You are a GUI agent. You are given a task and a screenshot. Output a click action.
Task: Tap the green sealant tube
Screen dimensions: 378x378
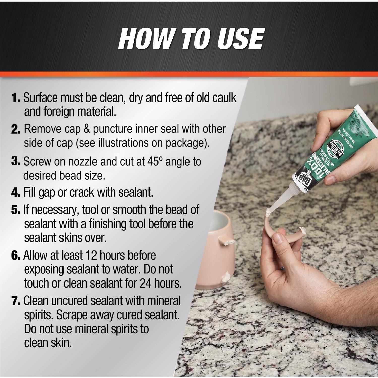coord(328,146)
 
